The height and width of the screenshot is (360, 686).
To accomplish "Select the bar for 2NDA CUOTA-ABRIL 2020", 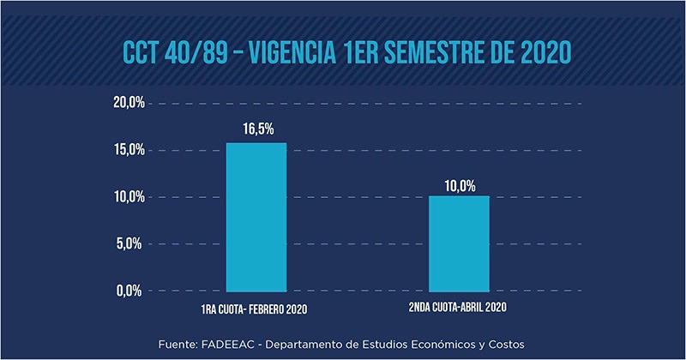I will click(x=459, y=244).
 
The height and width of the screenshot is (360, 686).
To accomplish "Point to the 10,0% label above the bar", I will click(x=459, y=183).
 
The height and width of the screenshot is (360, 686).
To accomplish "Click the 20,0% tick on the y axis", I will click(x=128, y=103).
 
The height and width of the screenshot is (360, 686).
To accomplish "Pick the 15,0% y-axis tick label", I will click(x=128, y=150).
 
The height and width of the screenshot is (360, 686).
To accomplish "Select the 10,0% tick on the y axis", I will click(x=128, y=197).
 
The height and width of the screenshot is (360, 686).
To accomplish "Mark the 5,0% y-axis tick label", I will click(x=130, y=244).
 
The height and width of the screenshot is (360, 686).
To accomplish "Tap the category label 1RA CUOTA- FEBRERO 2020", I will click(x=256, y=307).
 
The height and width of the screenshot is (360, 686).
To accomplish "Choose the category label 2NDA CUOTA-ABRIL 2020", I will click(x=459, y=307).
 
